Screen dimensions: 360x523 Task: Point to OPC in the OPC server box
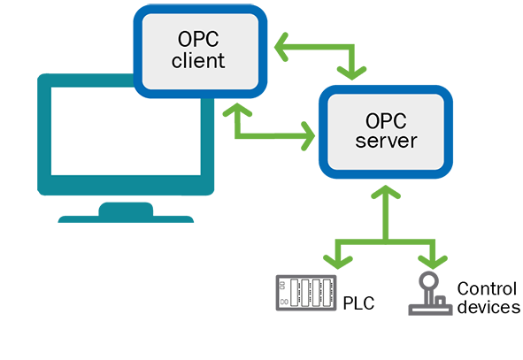(386, 119)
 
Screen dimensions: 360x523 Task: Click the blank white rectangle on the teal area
(125, 130)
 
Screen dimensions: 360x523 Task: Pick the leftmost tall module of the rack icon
(297, 294)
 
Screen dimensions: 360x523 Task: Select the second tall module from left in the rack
(307, 294)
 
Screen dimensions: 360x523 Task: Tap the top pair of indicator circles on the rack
(283, 285)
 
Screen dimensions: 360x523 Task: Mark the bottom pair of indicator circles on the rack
(283, 303)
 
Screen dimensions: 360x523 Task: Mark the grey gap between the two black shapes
(416, 296)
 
